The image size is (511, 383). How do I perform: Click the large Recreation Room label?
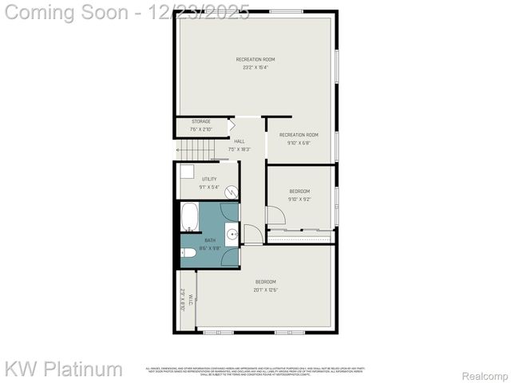pos(255,60)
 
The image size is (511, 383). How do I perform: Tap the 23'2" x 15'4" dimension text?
pos(255,67)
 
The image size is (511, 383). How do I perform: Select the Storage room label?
pos(200,121)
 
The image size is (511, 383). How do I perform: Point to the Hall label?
pos(240,141)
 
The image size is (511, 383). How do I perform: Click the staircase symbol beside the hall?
pos(196,149)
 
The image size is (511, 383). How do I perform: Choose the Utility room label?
pos(208,179)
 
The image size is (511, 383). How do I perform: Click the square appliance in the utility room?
pos(186,170)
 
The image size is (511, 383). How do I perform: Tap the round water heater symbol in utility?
pos(231,192)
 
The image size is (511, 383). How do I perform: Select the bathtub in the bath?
pos(190,216)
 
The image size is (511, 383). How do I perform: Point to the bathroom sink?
pos(231,234)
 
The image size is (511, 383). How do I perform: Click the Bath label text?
pos(210,240)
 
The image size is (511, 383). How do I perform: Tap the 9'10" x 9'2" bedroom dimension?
pos(299,199)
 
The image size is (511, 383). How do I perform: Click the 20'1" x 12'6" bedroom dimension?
pos(265,289)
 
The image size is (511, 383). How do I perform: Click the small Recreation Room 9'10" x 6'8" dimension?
pos(299,143)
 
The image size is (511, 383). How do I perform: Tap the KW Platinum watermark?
pos(64,369)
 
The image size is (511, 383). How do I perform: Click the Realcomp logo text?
pos(485,375)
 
